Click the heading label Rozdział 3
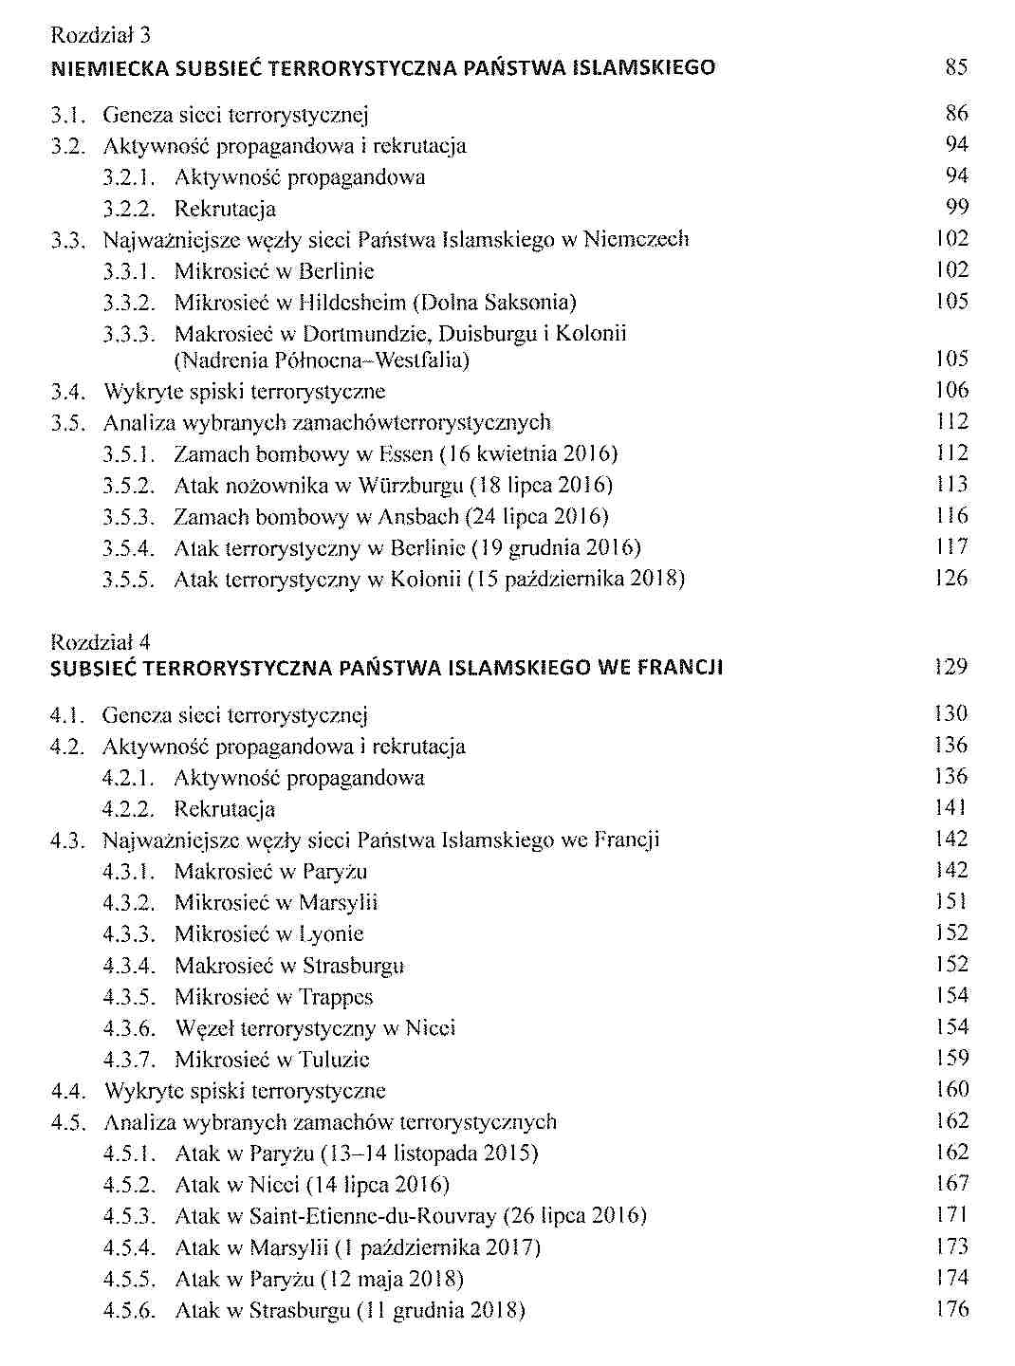pyautogui.click(x=101, y=36)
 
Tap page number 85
pyautogui.click(x=956, y=67)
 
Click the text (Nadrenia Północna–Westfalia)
pyautogui.click(x=322, y=360)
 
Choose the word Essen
pyautogui.click(x=405, y=453)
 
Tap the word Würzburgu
pyautogui.click(x=411, y=486)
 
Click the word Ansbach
pyautogui.click(x=418, y=517)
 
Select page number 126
pyautogui.click(x=950, y=578)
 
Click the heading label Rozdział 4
pyautogui.click(x=101, y=642)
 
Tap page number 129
pyautogui.click(x=950, y=667)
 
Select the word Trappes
pyautogui.click(x=336, y=997)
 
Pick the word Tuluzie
pyautogui.click(x=334, y=1060)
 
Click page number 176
pyautogui.click(x=950, y=1310)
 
